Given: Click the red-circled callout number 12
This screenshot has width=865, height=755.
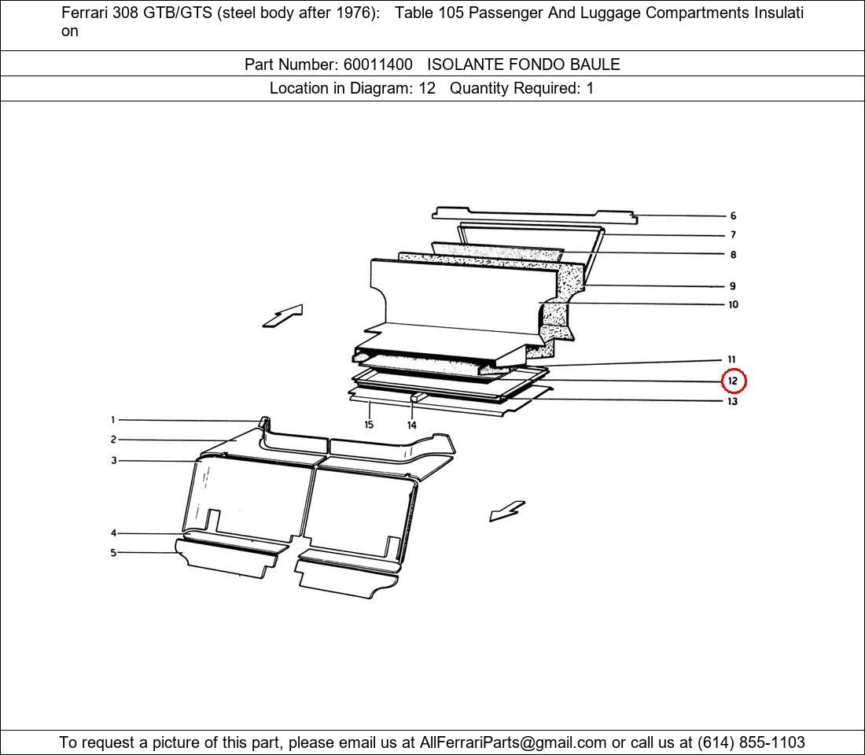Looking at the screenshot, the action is (x=733, y=381).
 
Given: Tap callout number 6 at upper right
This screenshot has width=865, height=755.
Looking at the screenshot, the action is (x=733, y=215).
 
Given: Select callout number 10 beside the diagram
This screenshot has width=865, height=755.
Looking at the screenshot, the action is (x=733, y=304).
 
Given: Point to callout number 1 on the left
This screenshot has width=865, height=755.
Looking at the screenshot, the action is (x=113, y=420).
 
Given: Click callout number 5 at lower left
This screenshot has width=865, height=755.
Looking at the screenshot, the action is (x=113, y=552).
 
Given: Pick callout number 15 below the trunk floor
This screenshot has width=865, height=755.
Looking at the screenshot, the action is (x=369, y=425).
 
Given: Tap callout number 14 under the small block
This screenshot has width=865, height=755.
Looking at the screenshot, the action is (x=411, y=425).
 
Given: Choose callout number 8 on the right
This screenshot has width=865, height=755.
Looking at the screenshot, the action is (x=733, y=255).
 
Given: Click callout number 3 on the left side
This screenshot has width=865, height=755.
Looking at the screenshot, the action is (x=114, y=460).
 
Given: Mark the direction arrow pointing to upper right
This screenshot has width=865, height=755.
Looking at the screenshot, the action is (x=282, y=316).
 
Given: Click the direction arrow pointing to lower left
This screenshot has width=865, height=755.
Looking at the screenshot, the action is (x=507, y=510).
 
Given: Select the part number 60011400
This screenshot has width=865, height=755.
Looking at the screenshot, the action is (x=378, y=64).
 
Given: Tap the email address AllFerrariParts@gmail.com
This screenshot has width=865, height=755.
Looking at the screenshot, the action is (x=513, y=742).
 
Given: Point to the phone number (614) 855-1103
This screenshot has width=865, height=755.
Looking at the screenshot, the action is (x=751, y=742).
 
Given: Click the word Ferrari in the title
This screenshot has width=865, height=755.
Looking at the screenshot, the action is (x=85, y=13).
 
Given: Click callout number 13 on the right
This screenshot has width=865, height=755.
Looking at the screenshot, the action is (x=733, y=401).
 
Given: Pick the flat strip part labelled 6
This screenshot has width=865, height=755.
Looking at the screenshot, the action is (x=534, y=215).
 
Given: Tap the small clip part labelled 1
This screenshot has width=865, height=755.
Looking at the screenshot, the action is (x=264, y=423).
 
